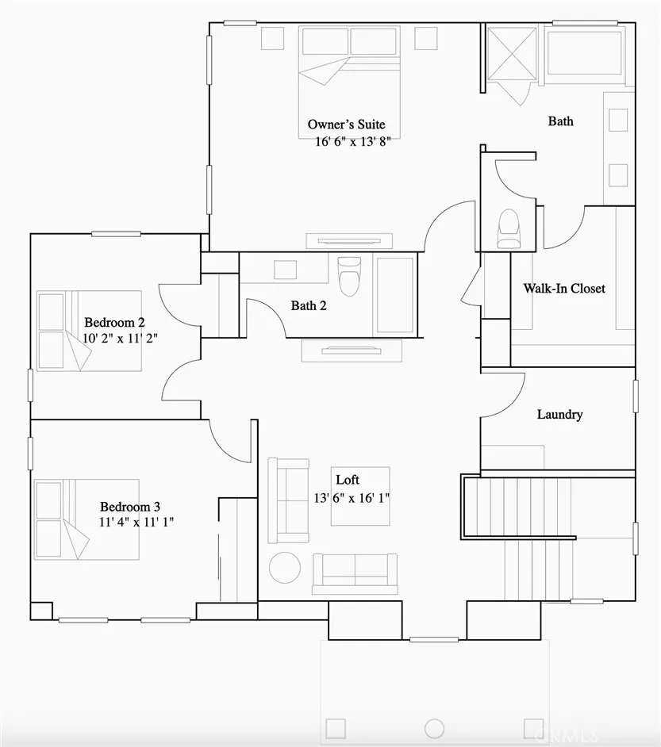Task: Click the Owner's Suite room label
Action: [x=346, y=125]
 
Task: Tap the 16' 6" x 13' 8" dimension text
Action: [x=352, y=141]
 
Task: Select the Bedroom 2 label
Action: [x=114, y=322]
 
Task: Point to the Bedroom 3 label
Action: [x=130, y=506]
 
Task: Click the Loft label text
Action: [x=348, y=480]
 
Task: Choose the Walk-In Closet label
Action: [x=563, y=289]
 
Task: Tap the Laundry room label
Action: [x=559, y=415]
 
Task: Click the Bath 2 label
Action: [x=309, y=305]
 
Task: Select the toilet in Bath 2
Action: [x=348, y=274]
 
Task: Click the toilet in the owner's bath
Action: [x=508, y=228]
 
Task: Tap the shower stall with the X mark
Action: [x=511, y=52]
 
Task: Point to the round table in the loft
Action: [x=284, y=567]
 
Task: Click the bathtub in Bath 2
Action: [x=394, y=294]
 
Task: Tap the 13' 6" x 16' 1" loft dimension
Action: [x=352, y=498]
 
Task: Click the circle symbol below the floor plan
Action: [x=434, y=728]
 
